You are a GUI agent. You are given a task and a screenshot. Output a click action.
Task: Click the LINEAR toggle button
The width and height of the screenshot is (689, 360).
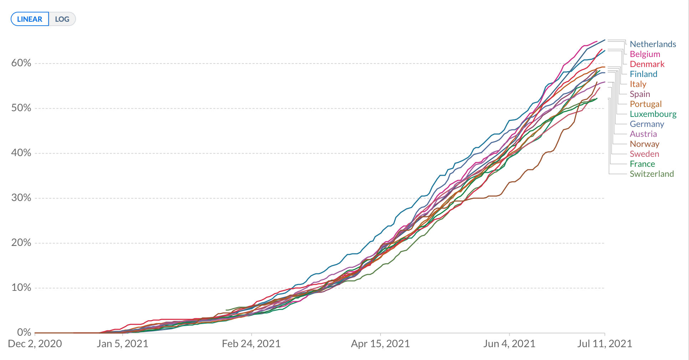(x=30, y=19)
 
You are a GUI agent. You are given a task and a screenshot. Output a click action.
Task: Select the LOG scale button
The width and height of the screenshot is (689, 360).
(x=62, y=19)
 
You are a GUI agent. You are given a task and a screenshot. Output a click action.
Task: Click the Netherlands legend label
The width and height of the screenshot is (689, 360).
(x=653, y=44)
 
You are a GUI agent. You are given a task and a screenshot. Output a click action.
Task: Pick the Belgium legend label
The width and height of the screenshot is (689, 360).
(x=645, y=54)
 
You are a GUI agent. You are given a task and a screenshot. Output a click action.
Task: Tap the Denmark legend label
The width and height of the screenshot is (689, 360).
(x=647, y=64)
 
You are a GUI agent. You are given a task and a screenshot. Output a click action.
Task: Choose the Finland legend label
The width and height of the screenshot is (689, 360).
(x=643, y=74)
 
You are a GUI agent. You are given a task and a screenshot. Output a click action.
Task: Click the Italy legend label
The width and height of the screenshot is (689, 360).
(x=638, y=84)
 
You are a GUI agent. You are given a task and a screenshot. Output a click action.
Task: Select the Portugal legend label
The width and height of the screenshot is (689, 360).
(x=645, y=104)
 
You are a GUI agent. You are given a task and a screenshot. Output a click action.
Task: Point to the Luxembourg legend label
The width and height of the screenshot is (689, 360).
(x=653, y=114)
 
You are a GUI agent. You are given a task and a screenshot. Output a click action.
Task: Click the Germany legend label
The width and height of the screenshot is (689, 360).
(x=647, y=124)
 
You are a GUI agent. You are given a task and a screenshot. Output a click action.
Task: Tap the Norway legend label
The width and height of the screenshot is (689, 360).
(x=644, y=144)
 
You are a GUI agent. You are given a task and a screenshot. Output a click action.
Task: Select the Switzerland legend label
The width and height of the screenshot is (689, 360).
(x=652, y=174)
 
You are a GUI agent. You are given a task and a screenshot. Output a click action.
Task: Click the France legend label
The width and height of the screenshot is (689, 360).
(x=642, y=164)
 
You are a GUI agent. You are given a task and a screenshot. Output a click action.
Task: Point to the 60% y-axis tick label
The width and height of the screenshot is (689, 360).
(x=21, y=63)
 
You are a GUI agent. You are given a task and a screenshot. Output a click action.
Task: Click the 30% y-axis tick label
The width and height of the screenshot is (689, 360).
(x=21, y=198)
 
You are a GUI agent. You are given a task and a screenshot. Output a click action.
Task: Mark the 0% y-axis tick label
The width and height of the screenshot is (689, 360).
(x=24, y=332)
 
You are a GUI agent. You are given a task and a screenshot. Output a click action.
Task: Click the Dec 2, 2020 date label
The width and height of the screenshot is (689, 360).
(x=35, y=344)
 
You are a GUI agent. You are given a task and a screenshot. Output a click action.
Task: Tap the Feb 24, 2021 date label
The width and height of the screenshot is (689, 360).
(x=251, y=344)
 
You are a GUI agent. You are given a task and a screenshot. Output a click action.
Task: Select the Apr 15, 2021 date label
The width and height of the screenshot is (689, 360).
(x=380, y=344)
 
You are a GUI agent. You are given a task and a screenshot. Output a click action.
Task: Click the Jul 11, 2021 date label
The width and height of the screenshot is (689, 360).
(x=604, y=344)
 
